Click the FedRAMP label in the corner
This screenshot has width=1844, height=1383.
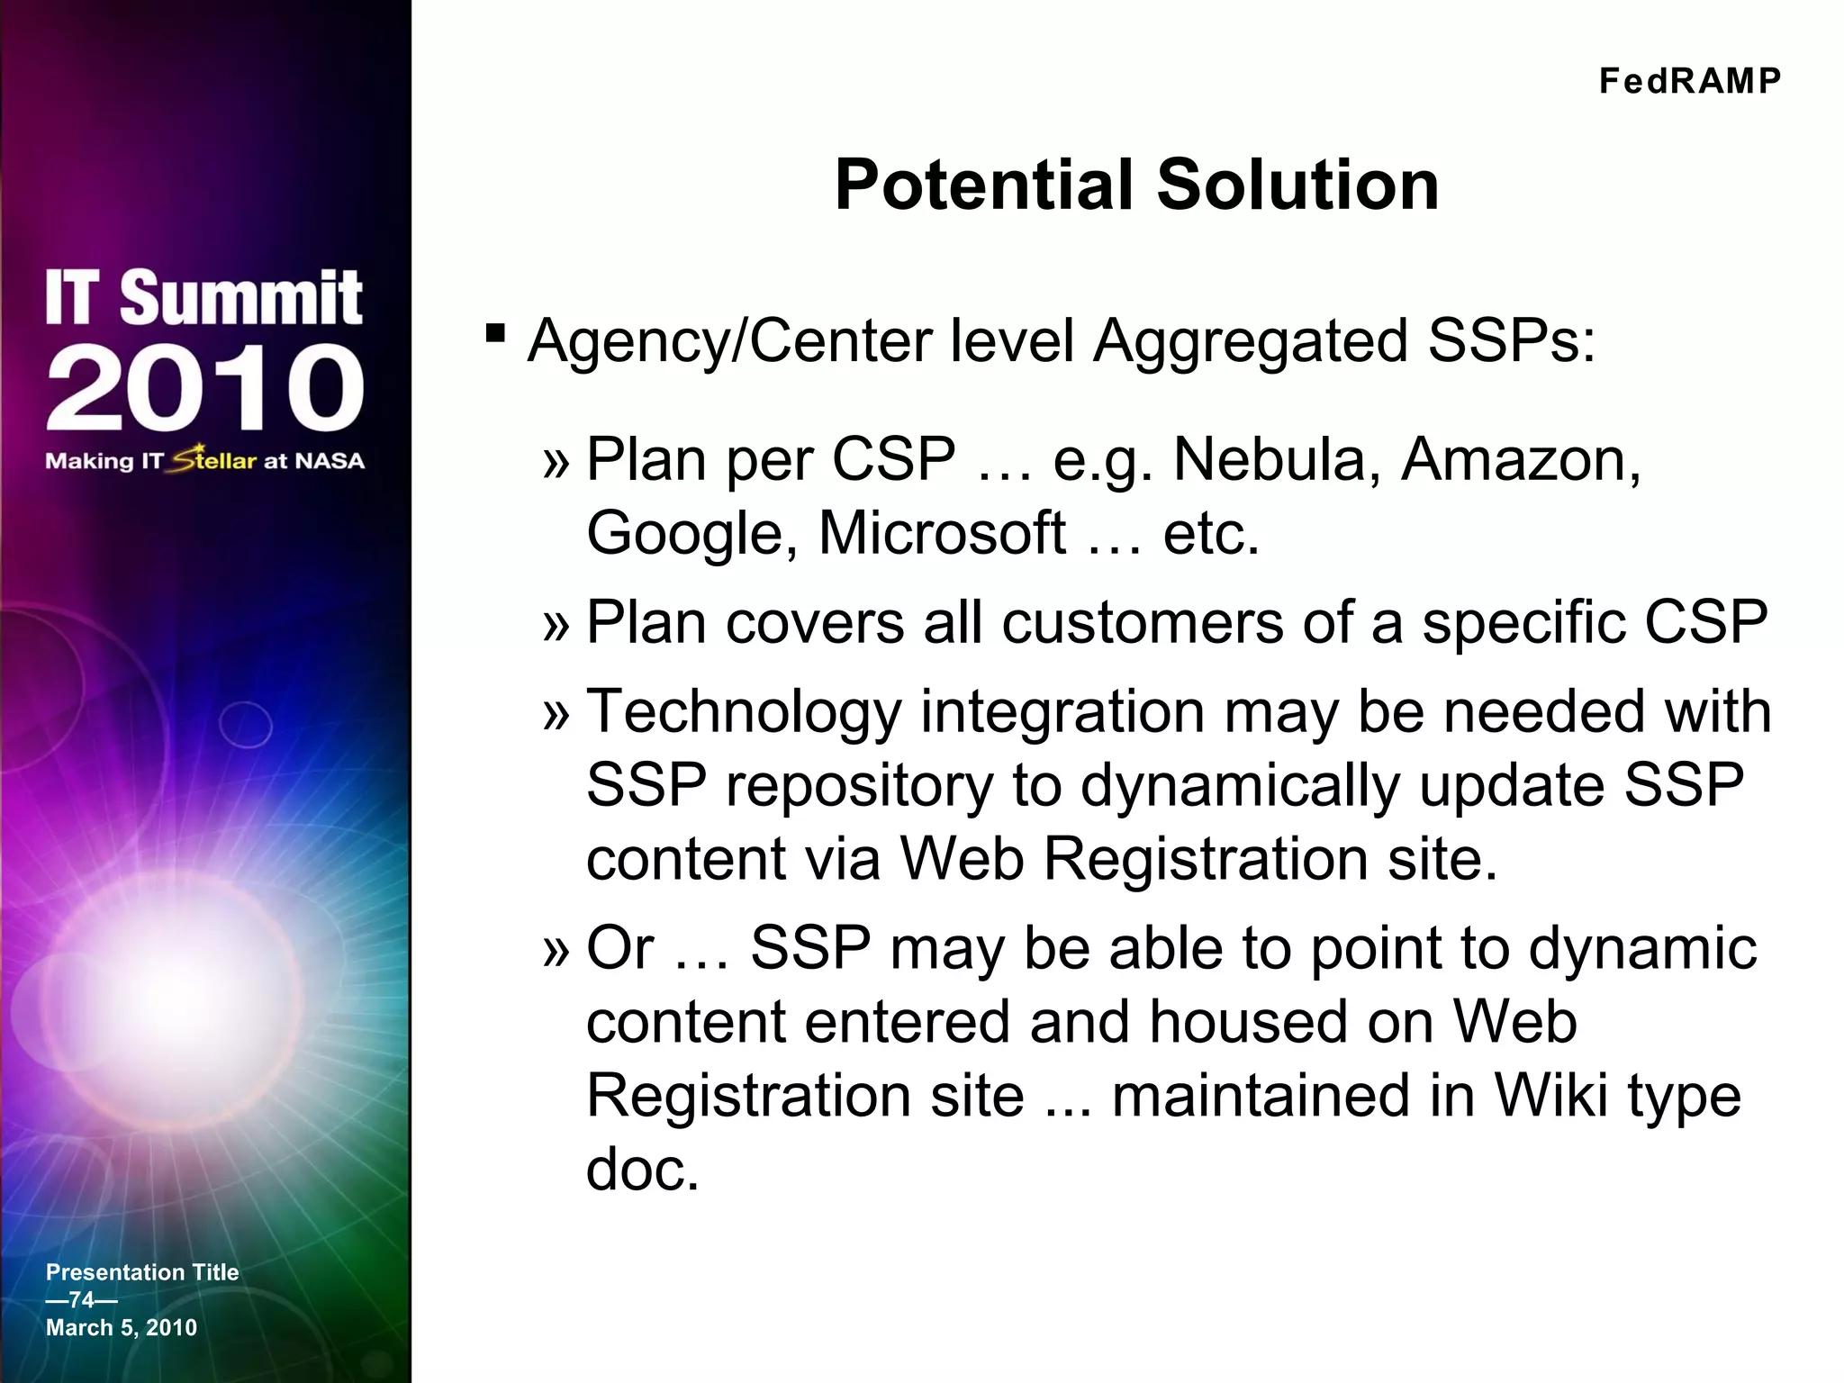point(1689,81)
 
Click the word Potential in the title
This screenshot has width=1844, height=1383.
point(984,185)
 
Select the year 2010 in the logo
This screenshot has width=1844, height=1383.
point(205,388)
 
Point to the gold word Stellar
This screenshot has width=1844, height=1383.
point(214,459)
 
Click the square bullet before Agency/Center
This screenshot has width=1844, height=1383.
point(494,334)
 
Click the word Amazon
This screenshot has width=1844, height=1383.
point(1521,459)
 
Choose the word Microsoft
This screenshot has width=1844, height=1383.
point(942,533)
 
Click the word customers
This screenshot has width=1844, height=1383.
point(1142,622)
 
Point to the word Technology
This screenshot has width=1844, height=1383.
point(743,711)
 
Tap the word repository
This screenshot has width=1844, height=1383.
point(859,785)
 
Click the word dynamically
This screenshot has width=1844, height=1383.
point(1240,785)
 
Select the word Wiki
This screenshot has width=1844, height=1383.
point(1550,1096)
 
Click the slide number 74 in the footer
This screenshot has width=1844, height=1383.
point(81,1299)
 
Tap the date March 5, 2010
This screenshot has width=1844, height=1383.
point(122,1327)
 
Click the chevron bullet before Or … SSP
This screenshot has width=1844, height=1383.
point(556,951)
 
